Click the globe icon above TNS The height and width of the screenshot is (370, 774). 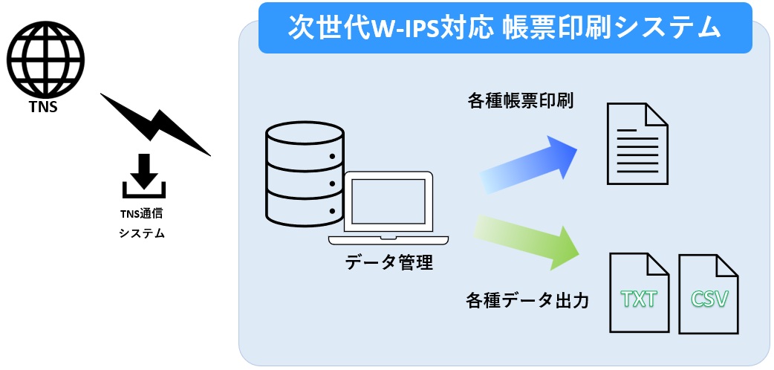(45, 62)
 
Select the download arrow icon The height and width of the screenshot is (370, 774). (144, 175)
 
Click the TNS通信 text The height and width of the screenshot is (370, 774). (142, 214)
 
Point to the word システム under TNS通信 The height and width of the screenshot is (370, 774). (142, 233)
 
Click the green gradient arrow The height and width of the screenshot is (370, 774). (527, 241)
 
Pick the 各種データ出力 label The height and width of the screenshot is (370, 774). (527, 300)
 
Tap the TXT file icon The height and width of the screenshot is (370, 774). (639, 294)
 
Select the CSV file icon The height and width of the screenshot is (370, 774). (710, 294)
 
